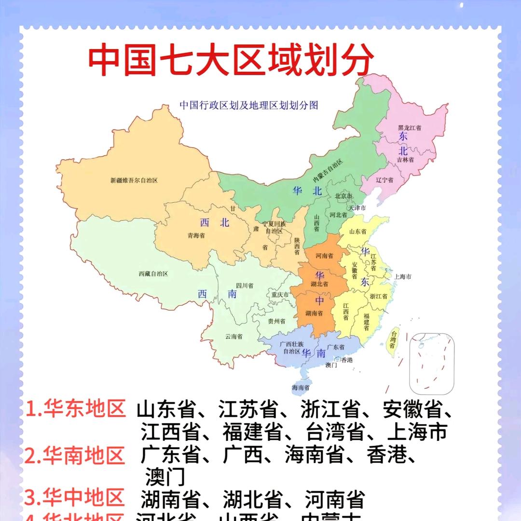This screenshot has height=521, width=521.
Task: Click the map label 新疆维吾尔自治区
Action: tap(134, 180)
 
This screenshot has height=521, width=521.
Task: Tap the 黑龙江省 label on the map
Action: tap(409, 128)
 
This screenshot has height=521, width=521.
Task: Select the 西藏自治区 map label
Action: tap(153, 274)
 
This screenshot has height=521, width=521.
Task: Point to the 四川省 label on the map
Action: tap(245, 286)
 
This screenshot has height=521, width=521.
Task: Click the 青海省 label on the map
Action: tap(196, 236)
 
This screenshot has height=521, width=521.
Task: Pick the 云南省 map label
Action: tap(233, 336)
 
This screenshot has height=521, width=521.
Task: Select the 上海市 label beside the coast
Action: tap(402, 277)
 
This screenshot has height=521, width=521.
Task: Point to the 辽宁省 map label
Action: tap(384, 179)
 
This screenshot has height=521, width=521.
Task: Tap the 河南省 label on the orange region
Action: tap(324, 256)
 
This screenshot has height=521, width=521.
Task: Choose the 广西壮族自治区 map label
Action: tap(291, 347)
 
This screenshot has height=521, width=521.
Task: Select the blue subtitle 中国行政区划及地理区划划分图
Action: tap(248, 105)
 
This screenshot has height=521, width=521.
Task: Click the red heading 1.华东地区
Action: tap(75, 409)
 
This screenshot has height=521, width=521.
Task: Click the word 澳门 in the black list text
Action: tap(165, 477)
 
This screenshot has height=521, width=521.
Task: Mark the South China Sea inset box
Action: tap(432, 363)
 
